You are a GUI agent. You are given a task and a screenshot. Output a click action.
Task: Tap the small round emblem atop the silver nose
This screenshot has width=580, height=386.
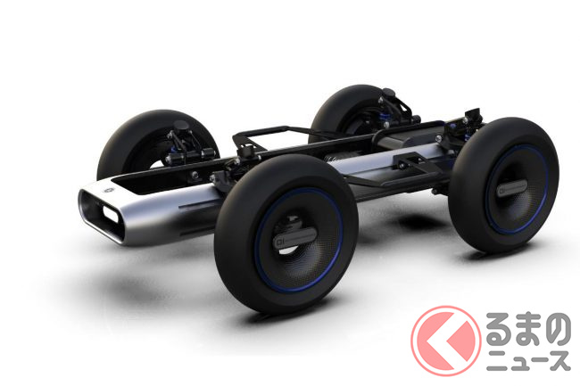tap(109, 190)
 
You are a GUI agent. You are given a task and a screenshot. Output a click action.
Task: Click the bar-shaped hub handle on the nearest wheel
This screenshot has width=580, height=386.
tap(295, 237)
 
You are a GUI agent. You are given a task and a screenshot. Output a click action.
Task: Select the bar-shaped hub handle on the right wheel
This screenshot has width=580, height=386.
tap(512, 187)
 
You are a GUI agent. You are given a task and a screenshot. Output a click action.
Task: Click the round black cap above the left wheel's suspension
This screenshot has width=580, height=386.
tap(181, 126)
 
